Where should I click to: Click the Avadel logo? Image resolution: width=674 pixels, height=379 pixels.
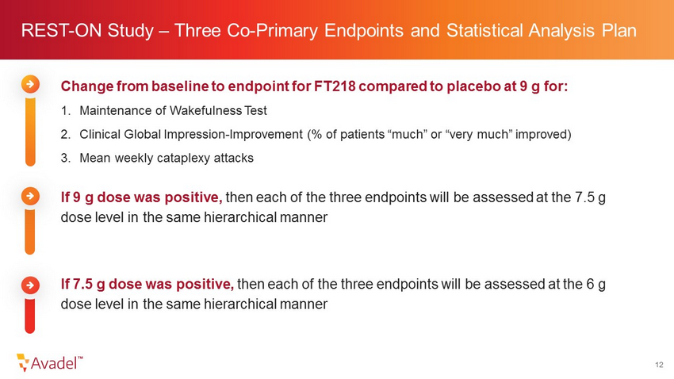(49, 362)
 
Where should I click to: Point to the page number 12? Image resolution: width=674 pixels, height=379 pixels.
(659, 365)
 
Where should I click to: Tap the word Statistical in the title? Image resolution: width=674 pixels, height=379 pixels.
(484, 30)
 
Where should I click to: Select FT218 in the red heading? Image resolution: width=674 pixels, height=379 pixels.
(335, 86)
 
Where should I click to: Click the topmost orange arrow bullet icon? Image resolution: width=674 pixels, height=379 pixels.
(30, 84)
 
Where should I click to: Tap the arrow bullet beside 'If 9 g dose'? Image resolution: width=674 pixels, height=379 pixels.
(30, 197)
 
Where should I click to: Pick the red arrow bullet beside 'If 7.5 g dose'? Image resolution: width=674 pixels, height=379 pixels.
(30, 285)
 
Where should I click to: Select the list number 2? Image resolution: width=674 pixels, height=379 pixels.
(65, 135)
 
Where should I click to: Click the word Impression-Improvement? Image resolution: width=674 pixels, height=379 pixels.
(233, 135)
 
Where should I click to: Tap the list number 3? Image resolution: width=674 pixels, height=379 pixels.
(65, 158)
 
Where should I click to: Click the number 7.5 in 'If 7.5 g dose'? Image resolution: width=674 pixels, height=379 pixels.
(82, 284)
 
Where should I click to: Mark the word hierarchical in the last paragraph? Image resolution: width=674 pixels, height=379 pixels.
(240, 304)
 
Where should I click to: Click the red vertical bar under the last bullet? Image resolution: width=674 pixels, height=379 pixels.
(29, 316)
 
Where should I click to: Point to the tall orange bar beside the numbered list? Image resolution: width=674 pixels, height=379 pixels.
(30, 132)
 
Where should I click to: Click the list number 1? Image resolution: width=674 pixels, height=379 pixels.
(65, 111)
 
